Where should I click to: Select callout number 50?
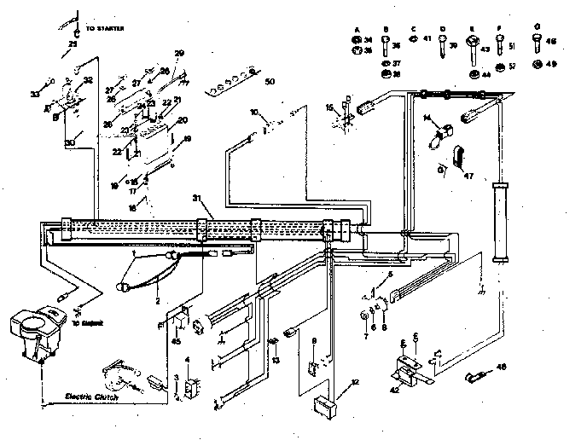[270, 82]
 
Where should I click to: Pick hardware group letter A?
[355, 29]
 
